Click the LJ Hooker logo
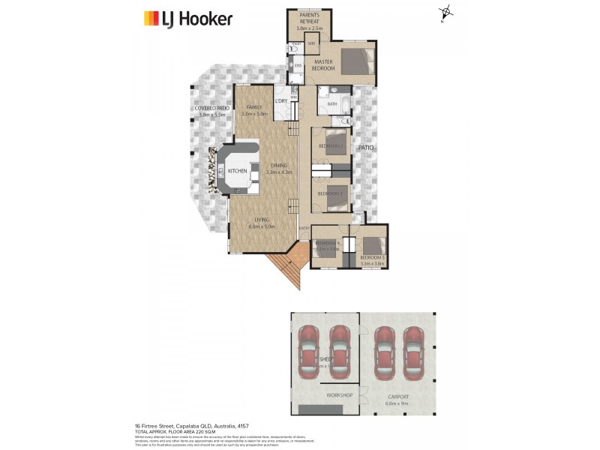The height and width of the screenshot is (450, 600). click(187, 19)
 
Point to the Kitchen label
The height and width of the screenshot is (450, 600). click(238, 171)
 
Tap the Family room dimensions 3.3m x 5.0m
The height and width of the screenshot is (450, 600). click(255, 114)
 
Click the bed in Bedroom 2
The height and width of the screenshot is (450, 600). click(335, 141)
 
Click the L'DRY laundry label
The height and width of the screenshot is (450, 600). click(282, 101)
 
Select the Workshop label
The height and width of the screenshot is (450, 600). click(339, 395)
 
